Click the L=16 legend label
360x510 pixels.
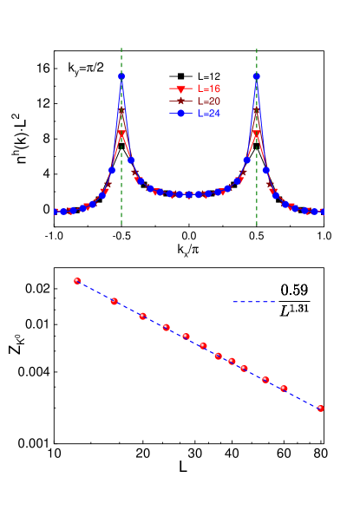tap(208, 88)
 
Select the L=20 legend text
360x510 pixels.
tap(208, 101)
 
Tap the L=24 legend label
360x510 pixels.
tap(208, 114)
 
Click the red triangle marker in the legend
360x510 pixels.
tap(180, 89)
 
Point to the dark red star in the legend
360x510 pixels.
tap(180, 101)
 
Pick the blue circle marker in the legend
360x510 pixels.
tap(180, 114)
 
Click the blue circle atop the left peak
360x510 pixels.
tap(121, 76)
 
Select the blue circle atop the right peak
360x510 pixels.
tap(257, 75)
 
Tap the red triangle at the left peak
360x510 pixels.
tap(121, 135)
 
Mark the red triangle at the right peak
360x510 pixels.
tap(257, 134)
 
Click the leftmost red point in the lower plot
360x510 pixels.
tap(77, 281)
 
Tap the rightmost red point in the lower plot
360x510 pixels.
tap(321, 408)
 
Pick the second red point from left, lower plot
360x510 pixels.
tap(115, 301)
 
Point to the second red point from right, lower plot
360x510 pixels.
tap(284, 389)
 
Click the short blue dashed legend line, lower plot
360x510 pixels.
tap(253, 303)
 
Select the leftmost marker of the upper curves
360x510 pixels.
tap(58, 211)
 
